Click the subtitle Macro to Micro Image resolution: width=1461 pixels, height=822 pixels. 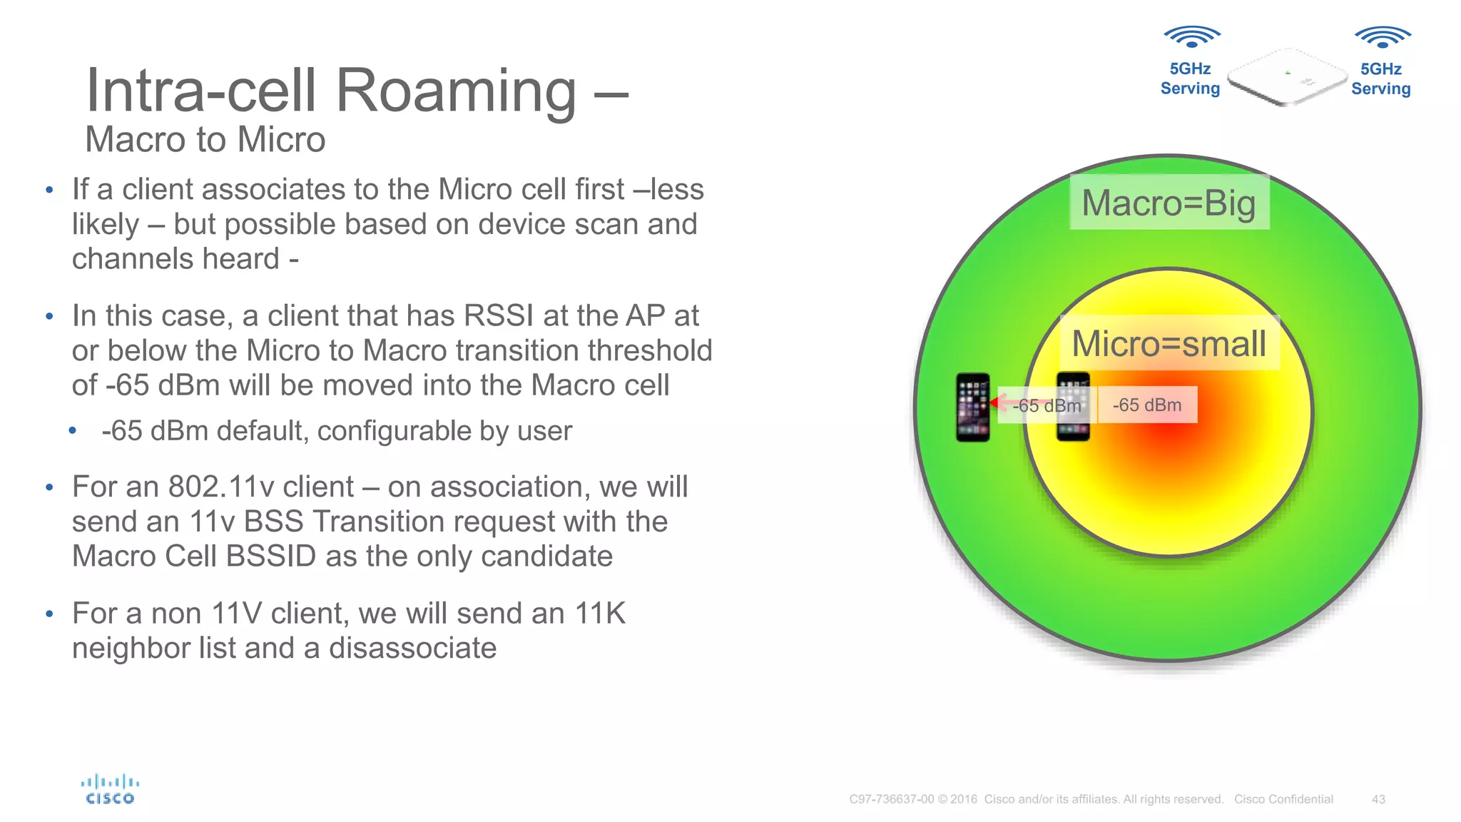click(205, 139)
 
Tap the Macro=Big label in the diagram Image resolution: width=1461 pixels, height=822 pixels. click(1169, 203)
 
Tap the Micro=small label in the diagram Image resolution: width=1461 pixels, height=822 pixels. click(1169, 343)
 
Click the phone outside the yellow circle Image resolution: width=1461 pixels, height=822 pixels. click(972, 407)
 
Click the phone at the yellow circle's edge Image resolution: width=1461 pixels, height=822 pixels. click(1073, 407)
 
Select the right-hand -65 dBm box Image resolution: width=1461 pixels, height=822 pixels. click(1147, 405)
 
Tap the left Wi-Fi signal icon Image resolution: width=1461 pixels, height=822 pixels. click(1191, 36)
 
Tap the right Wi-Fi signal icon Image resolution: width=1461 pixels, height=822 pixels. click(1382, 36)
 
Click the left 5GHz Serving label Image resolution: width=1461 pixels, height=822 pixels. click(1190, 78)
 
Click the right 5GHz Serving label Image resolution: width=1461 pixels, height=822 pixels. click(1381, 78)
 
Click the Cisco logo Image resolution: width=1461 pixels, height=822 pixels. click(110, 790)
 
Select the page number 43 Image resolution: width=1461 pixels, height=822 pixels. click(1378, 799)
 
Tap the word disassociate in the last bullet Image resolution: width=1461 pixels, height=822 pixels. click(412, 648)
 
